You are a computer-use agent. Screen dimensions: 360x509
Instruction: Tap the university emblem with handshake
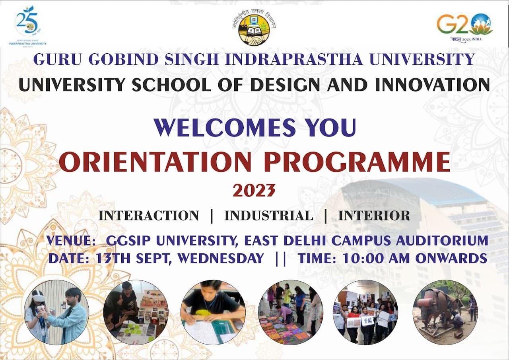click(x=254, y=27)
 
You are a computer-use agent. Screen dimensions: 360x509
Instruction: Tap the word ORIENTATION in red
click(x=155, y=162)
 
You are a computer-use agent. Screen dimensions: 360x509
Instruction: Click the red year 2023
click(x=254, y=191)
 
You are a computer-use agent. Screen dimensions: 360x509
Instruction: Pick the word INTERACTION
click(x=148, y=216)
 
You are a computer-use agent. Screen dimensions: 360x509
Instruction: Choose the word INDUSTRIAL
click(x=269, y=216)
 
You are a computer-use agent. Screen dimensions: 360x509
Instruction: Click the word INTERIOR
click(x=374, y=216)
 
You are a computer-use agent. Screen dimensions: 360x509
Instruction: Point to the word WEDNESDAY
click(x=221, y=258)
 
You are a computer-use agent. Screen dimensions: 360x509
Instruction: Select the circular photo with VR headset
click(x=56, y=312)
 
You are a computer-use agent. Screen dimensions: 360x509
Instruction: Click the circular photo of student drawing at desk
click(x=213, y=312)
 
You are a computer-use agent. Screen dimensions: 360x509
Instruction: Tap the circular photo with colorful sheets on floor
click(x=290, y=312)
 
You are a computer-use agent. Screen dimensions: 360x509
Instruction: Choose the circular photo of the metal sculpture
click(x=445, y=312)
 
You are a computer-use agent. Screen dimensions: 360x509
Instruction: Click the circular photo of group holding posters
click(x=365, y=312)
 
